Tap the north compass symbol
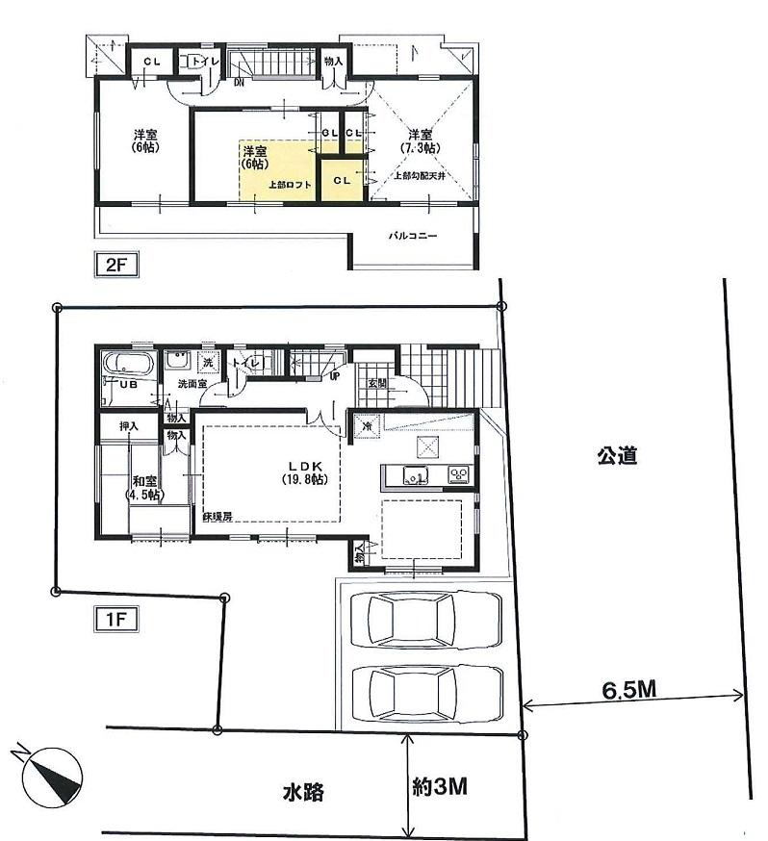point(51,774)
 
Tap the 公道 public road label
point(616,456)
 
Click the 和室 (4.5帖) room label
point(145,488)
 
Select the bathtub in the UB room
point(127,366)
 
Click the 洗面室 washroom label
point(194,384)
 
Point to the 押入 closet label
point(128,424)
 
